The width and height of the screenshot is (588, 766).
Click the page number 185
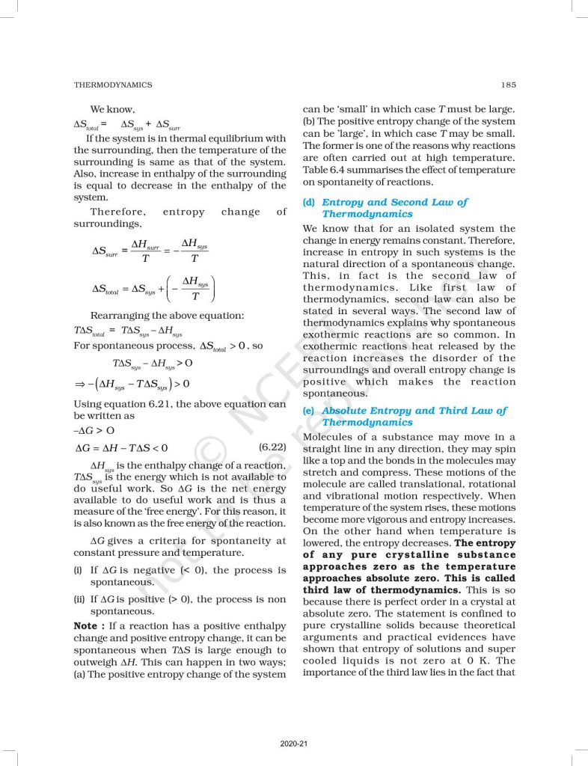point(508,85)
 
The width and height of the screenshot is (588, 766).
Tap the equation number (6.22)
point(272,447)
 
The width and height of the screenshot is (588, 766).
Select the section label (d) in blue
point(308,202)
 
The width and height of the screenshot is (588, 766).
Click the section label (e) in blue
point(308,411)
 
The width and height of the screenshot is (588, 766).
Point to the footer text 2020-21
point(293,744)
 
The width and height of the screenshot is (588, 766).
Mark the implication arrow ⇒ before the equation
point(79,384)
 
